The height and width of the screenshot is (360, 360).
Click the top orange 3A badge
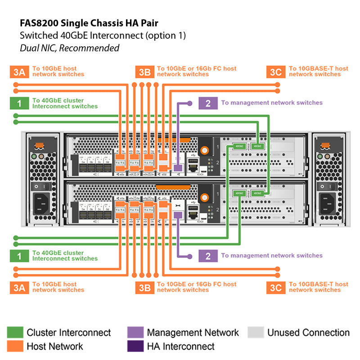point(19,72)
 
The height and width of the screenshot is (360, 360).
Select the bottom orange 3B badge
point(144,287)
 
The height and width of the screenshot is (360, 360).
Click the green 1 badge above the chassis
point(19,103)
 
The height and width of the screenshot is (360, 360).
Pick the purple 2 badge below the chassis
point(208,256)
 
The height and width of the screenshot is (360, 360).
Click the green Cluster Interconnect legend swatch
point(15,333)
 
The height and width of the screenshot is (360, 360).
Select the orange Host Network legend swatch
point(15,346)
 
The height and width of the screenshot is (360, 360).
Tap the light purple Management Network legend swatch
point(135,333)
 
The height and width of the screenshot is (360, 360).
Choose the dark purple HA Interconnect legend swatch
point(135,346)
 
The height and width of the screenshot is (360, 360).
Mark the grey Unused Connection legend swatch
point(256,333)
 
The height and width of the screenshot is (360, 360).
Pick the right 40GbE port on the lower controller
point(257,193)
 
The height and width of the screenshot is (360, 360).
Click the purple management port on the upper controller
point(178,168)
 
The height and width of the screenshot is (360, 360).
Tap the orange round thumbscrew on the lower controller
point(205,197)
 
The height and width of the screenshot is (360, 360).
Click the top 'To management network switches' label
point(271,103)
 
